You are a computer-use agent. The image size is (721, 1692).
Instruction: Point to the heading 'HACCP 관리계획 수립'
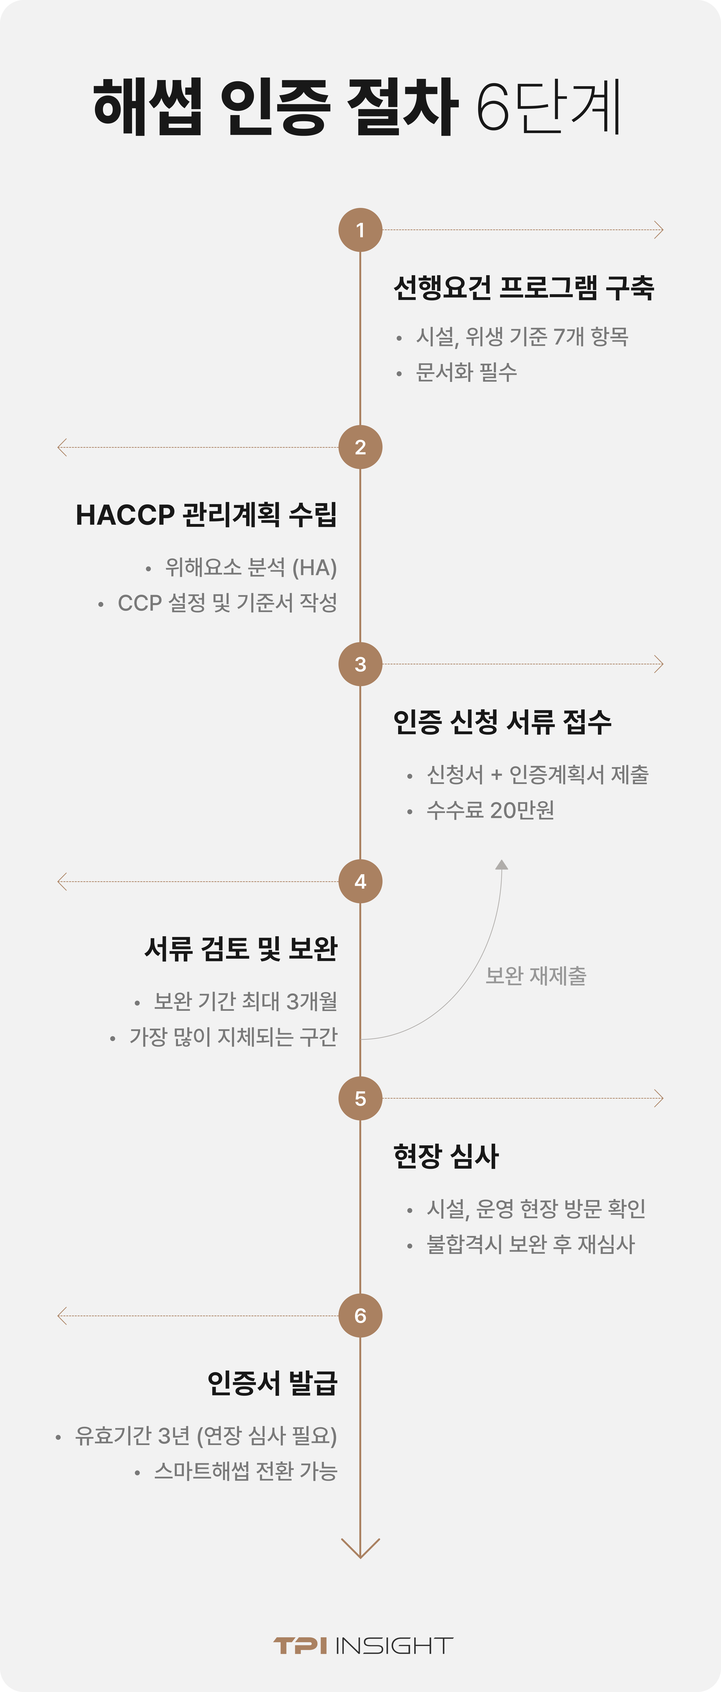coord(206,514)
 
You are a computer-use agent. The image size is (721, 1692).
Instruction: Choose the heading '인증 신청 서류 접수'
coord(502,722)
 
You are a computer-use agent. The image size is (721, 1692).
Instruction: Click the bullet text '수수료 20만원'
coord(490,810)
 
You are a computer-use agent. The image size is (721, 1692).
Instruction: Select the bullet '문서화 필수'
coord(466,372)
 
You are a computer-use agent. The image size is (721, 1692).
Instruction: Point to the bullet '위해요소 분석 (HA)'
coord(251,568)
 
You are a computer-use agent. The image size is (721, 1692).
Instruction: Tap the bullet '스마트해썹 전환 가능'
coord(246,1471)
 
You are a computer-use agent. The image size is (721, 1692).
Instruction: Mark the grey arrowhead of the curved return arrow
coord(502,864)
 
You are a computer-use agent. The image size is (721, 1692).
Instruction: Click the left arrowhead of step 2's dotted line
coord(62,447)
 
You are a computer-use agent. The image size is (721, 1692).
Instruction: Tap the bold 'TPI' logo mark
coord(300,1645)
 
